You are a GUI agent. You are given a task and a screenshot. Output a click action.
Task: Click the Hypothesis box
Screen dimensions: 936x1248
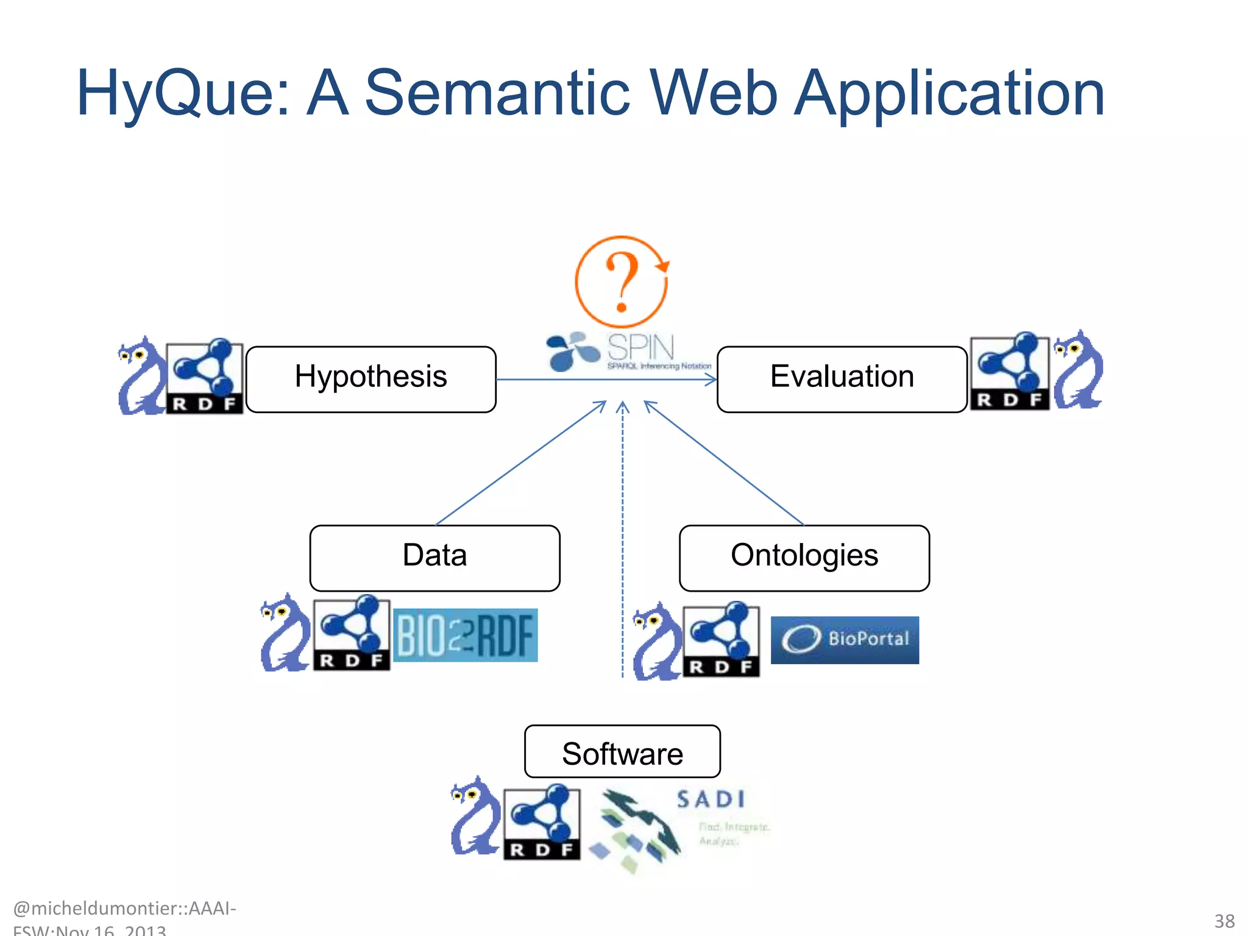[x=370, y=379]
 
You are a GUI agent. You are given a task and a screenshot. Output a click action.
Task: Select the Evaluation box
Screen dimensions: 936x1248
[x=842, y=379]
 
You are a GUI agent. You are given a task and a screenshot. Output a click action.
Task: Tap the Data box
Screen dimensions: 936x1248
[x=434, y=558]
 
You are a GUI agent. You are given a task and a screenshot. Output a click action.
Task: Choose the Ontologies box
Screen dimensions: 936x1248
[x=804, y=558]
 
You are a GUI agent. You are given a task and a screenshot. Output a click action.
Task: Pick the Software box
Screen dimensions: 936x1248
[x=622, y=751]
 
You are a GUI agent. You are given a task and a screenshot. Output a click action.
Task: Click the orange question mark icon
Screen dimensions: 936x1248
[x=622, y=282]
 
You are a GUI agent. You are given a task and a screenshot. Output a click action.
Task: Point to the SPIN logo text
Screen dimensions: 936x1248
[x=641, y=349]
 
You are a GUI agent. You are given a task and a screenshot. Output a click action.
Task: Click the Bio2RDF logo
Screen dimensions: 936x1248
[x=466, y=635]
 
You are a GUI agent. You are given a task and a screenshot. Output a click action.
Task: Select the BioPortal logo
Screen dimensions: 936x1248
[x=845, y=639]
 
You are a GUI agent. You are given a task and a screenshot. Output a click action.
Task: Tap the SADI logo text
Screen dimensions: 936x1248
[x=711, y=799]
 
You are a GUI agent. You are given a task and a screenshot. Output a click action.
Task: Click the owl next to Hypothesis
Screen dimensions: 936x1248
[x=141, y=376]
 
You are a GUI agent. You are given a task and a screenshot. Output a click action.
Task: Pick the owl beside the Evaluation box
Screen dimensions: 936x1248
[x=1078, y=370]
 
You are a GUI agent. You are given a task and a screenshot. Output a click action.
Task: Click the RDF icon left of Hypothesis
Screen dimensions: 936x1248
[x=205, y=376]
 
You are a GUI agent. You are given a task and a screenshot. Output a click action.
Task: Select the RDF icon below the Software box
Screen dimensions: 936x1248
[x=542, y=821]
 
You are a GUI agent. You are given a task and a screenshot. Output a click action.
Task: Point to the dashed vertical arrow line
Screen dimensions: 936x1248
[x=622, y=548]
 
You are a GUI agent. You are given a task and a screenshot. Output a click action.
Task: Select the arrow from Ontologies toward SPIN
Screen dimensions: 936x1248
[x=725, y=463]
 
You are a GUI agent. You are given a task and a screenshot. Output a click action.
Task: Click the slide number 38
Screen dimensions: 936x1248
[x=1224, y=921]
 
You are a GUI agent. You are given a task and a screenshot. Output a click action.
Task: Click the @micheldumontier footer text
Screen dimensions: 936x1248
[x=124, y=909]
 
